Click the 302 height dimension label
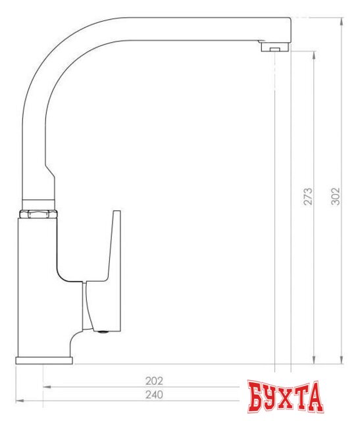point(336,195)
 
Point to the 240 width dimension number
point(153,394)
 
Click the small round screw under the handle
point(101,331)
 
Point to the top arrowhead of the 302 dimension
point(342,21)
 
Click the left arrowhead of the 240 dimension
point(18,400)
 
